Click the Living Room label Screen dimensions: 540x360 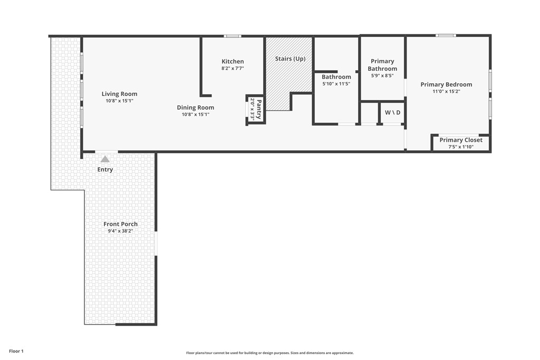[x=119, y=94]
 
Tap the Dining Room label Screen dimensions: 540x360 [x=195, y=108]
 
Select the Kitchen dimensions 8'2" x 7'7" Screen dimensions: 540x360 [x=233, y=68]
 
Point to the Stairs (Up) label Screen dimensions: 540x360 [x=290, y=59]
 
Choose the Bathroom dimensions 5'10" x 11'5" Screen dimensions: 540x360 [x=336, y=84]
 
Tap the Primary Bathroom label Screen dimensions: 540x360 [x=382, y=65]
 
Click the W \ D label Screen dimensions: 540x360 [x=392, y=113]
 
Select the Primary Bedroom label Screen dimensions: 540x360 [x=446, y=84]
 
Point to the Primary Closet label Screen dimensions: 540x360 [x=461, y=140]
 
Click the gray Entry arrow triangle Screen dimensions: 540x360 [x=105, y=159]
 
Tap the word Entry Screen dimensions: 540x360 [x=105, y=169]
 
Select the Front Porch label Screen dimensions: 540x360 [x=121, y=224]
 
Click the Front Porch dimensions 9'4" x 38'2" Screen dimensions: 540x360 [x=121, y=231]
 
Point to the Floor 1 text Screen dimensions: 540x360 [x=16, y=351]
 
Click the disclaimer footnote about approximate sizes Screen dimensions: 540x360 [x=269, y=353]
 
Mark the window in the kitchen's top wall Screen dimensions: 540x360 [x=233, y=36]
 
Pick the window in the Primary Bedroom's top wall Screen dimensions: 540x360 [x=446, y=35]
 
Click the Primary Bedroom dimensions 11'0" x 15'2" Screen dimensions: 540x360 [x=446, y=91]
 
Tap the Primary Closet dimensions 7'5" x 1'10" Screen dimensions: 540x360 [x=461, y=147]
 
